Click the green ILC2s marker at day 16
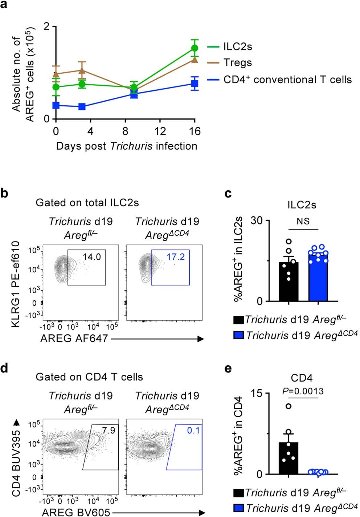pos(195,48)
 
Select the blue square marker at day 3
pos(82,106)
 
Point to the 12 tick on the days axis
pos(160,131)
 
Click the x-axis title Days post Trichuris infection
pos(126,146)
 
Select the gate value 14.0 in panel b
pos(91,257)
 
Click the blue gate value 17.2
pos(176,257)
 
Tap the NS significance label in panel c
pos(303,221)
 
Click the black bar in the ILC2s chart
pos(289,281)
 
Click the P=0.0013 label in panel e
pos(303,391)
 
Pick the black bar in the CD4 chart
pos(289,458)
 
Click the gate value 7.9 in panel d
pos(108,430)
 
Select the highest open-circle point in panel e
pos(289,406)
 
